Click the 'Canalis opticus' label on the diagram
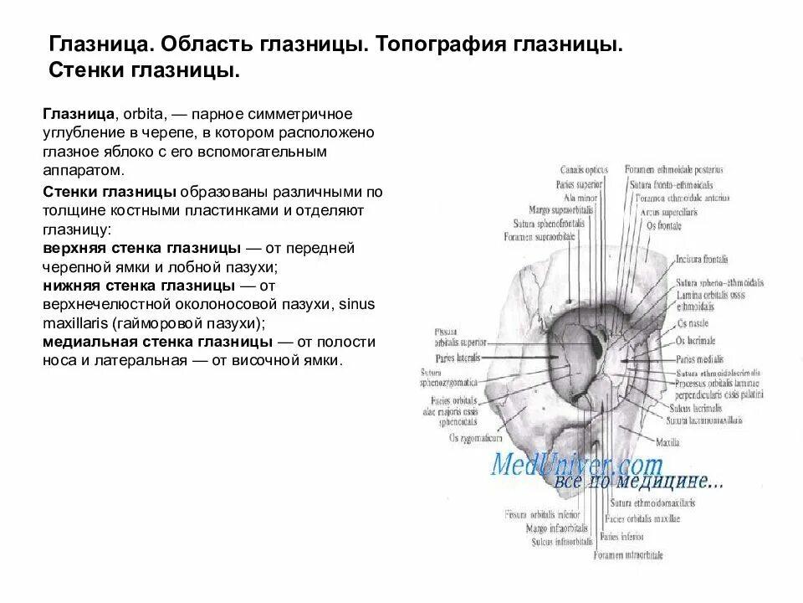(585, 169)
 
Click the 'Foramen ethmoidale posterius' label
(673, 169)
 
